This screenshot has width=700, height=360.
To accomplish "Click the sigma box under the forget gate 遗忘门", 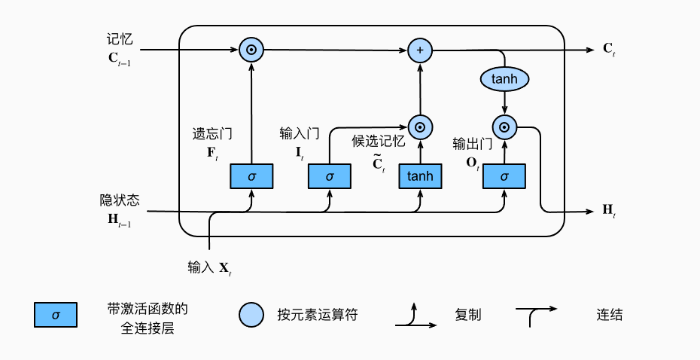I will pos(251,176).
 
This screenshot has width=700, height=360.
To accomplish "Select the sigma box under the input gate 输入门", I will pos(330,176).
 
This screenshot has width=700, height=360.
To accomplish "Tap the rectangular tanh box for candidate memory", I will pos(420,176).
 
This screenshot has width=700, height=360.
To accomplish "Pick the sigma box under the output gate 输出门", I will pos(504,176).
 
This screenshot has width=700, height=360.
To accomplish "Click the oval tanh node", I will pos(504,78).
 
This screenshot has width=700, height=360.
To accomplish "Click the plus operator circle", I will pos(420,50).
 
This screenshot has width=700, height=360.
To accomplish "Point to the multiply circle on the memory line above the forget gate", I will pos(251,50).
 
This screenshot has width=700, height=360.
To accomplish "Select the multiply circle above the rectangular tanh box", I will pos(420,127).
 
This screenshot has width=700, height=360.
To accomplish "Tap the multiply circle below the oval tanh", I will pos(504,127).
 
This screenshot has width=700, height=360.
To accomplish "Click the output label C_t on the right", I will pos(610,50).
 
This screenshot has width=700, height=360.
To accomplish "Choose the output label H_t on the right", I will pos(610,211).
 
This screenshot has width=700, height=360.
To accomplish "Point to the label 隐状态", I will pos(120,200).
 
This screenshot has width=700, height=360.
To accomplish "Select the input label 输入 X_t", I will pos(209,267).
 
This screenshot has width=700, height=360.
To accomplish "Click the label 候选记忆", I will pos(379,141).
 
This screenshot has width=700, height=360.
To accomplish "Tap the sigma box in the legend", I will pos(55,316).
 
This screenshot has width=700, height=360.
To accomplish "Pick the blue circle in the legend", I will pos(251,316).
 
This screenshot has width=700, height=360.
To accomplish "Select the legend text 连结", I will pos(610,315).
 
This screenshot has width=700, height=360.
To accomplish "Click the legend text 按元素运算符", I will pos(317,315).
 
